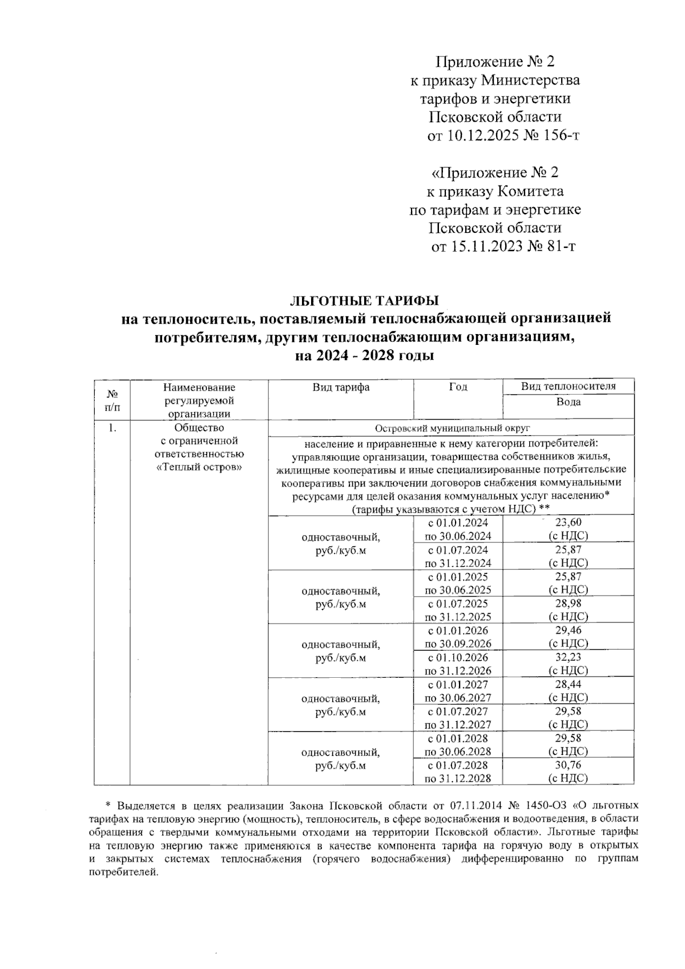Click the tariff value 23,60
point(568,522)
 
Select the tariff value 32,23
point(568,657)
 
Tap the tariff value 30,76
point(568,765)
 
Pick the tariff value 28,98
point(568,603)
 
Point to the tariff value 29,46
point(568,630)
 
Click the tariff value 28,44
point(568,684)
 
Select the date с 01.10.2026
point(458,657)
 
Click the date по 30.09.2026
point(458,644)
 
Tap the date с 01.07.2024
point(458,549)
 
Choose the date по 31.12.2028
point(458,778)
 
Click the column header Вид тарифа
point(341,387)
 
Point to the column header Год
point(458,387)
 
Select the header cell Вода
point(568,402)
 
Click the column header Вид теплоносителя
point(568,387)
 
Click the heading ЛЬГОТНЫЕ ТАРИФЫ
point(365,300)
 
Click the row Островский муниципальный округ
point(451,428)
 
